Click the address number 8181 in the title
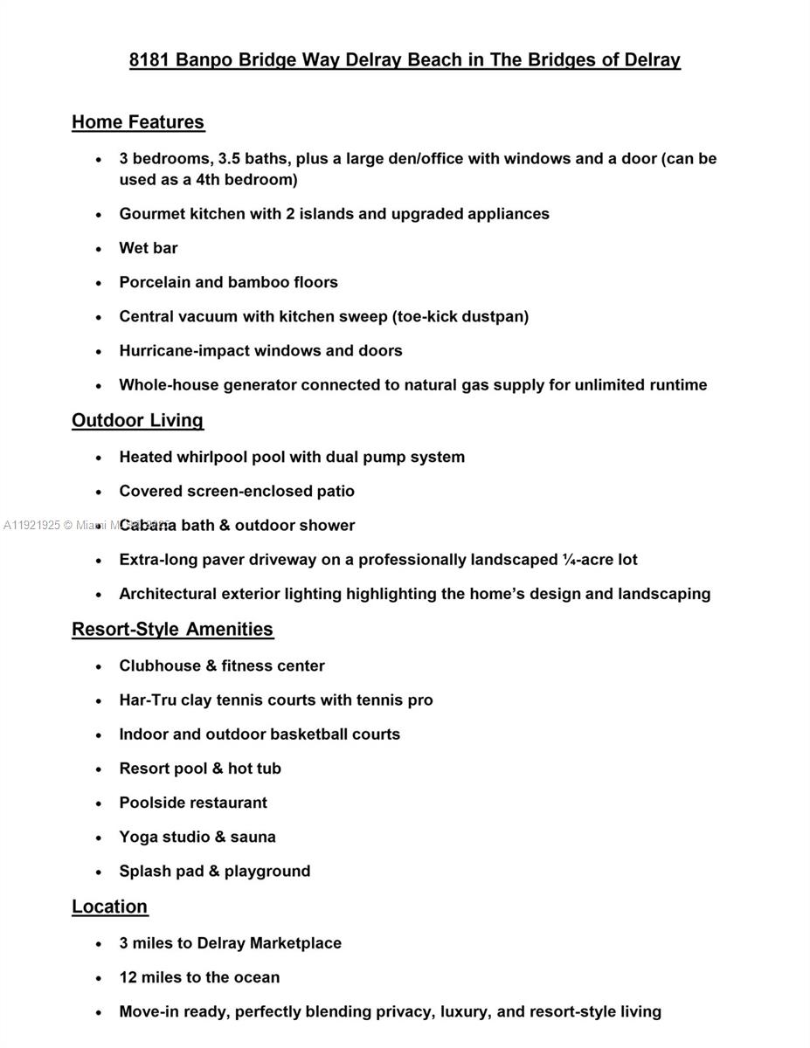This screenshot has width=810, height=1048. pyautogui.click(x=149, y=60)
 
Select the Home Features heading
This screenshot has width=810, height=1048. pyautogui.click(x=138, y=122)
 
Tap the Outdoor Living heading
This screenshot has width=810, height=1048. pyautogui.click(x=137, y=421)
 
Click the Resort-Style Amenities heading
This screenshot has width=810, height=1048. pyautogui.click(x=172, y=630)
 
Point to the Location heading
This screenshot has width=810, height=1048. pyautogui.click(x=109, y=907)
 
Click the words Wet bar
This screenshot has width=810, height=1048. pyautogui.click(x=149, y=248)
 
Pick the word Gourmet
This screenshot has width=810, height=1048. pyautogui.click(x=152, y=214)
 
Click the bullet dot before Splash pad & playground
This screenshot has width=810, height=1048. pyautogui.click(x=99, y=872)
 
